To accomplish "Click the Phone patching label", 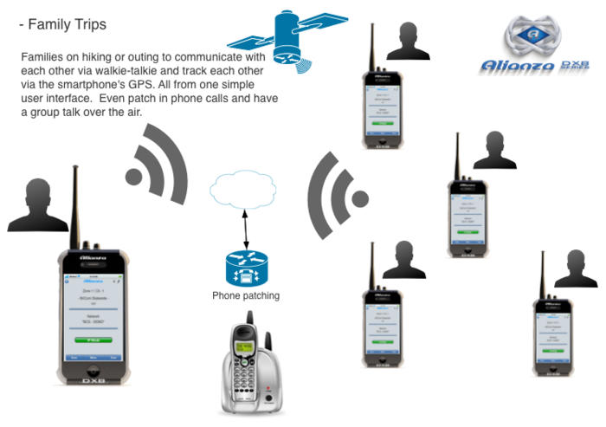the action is pyautogui.click(x=246, y=296).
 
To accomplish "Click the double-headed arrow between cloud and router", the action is pyautogui.click(x=245, y=229).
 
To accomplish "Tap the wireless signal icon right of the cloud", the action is pyautogui.click(x=332, y=193).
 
